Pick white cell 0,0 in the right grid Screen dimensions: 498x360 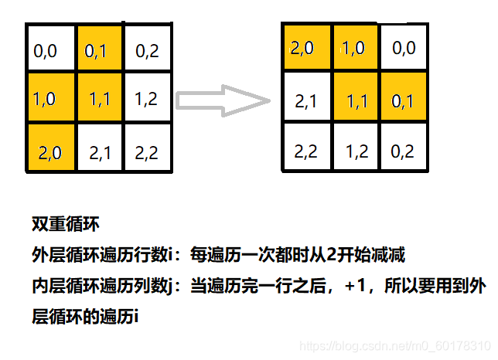(x=404, y=48)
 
